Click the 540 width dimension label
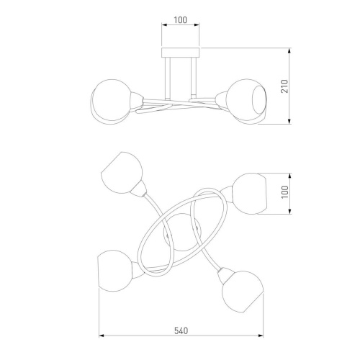(181, 331)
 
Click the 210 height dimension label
(284, 86)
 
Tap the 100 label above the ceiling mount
(180, 20)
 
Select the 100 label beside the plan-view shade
(285, 192)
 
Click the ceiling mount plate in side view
(181, 53)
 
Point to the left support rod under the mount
(168, 78)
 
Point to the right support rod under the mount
(194, 77)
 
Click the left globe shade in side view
(112, 101)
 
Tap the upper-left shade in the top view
(122, 173)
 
